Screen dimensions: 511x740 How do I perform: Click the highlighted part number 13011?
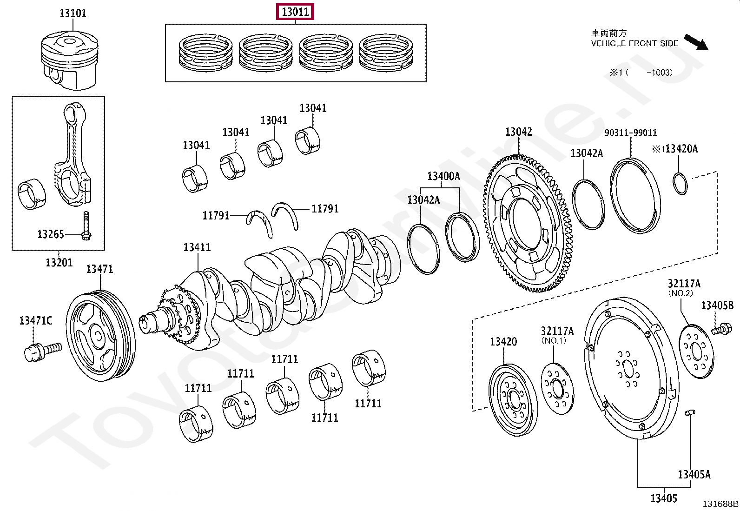tap(295, 12)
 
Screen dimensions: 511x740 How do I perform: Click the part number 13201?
tap(59, 263)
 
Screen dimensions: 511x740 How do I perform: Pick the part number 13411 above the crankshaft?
tap(197, 247)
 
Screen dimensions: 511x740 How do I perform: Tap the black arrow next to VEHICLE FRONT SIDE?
tap(695, 42)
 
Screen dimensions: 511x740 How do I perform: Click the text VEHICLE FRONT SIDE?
tap(634, 43)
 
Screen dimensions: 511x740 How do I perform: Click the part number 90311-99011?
tap(631, 133)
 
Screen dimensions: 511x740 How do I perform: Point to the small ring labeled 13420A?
tap(680, 183)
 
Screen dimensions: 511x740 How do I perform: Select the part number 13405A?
tap(694, 475)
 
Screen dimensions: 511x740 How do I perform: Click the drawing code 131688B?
tap(720, 504)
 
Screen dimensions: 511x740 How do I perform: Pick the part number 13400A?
tap(443, 176)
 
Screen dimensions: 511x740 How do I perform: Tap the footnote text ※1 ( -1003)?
tap(641, 73)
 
